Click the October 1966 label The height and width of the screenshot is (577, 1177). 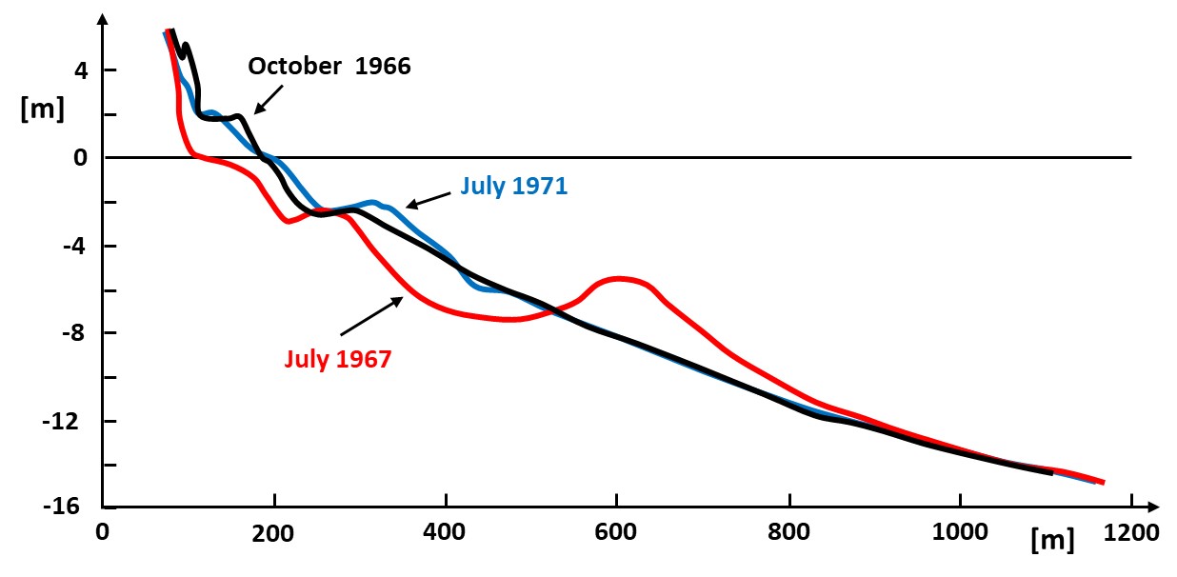tap(329, 67)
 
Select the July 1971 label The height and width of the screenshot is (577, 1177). tap(513, 187)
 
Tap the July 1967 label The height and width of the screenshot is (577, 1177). tap(338, 360)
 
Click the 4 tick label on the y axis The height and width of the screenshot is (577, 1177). tap(83, 70)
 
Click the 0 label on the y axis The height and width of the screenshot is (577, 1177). tap(83, 158)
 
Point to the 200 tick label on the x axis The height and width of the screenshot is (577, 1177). tap(274, 530)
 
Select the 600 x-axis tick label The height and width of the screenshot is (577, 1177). tap(617, 530)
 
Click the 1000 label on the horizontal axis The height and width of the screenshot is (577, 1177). tap(960, 530)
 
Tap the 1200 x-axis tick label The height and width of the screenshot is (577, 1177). tap(1130, 530)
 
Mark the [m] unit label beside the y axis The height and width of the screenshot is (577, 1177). tap(41, 109)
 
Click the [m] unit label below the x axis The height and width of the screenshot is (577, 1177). tap(1053, 542)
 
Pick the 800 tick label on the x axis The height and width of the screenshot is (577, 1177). tap(788, 530)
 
